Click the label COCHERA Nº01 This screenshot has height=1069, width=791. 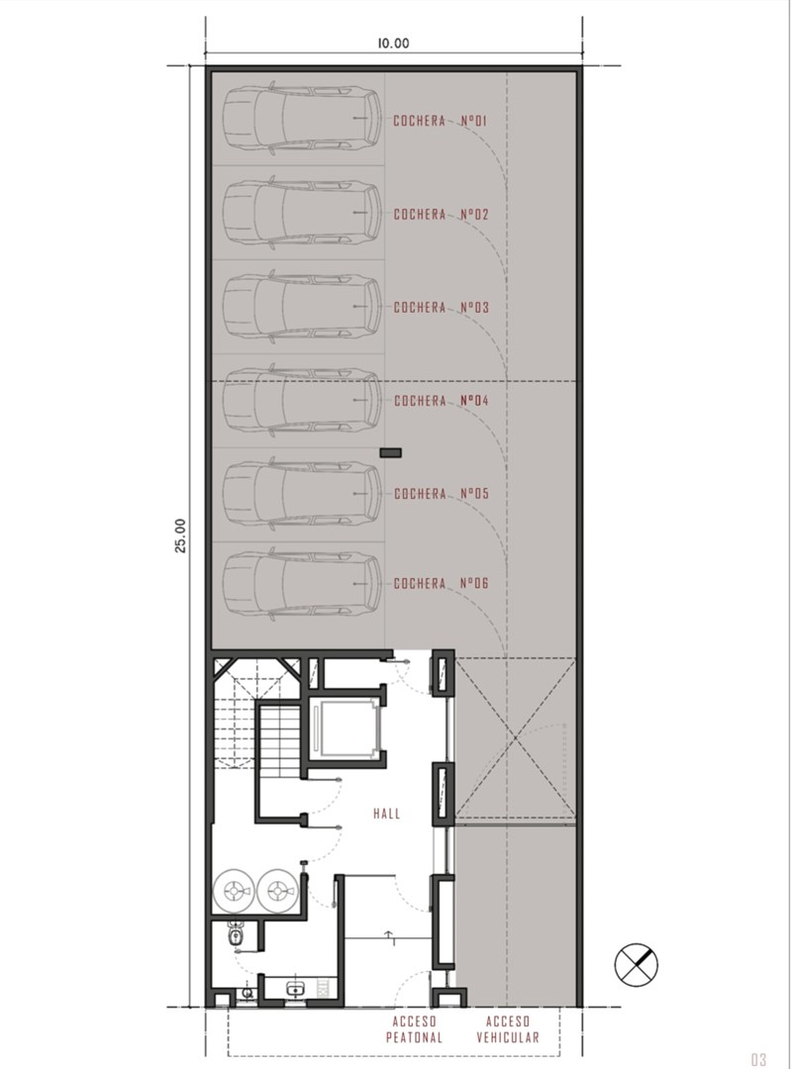[x=441, y=122]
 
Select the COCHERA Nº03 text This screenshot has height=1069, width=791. [x=442, y=308]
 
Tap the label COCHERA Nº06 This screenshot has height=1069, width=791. [x=442, y=584]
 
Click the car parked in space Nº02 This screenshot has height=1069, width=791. [x=303, y=214]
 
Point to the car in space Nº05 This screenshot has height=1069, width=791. [x=303, y=494]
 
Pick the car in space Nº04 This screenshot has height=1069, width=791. [x=303, y=400]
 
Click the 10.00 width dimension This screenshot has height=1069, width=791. [x=393, y=43]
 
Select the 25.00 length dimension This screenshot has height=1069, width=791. [x=180, y=535]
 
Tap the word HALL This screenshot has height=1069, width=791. [x=387, y=814]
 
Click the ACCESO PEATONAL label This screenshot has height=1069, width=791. [x=414, y=1029]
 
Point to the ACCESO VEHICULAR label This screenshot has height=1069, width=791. [x=508, y=1029]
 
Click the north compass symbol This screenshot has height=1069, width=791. [x=637, y=964]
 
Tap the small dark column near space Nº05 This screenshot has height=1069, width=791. [x=390, y=452]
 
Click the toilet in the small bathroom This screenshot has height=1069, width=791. [x=236, y=935]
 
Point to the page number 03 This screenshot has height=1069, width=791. [x=759, y=1059]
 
